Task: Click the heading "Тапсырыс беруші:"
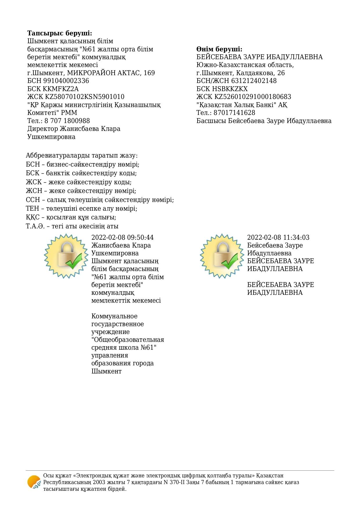(x=59, y=33)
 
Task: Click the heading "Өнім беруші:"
(x=219, y=49)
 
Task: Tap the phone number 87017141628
(x=234, y=113)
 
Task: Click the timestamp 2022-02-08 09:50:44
(x=122, y=238)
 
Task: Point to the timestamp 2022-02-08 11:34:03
(x=278, y=238)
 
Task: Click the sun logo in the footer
(x=34, y=482)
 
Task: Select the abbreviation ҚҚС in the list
(x=32, y=217)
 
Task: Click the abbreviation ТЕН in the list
(x=32, y=209)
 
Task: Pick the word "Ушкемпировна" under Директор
(x=51, y=137)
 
